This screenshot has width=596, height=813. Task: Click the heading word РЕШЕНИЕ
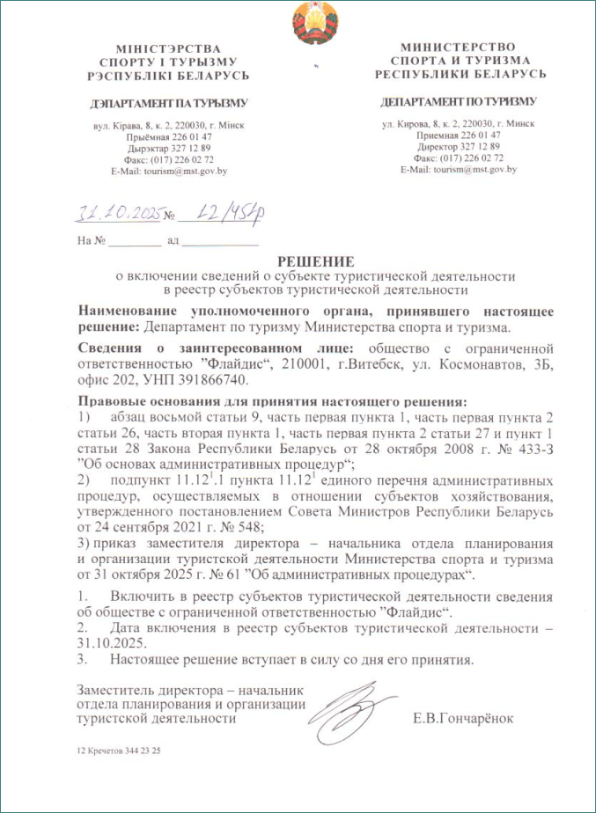315,261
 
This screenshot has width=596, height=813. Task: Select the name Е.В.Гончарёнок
462,718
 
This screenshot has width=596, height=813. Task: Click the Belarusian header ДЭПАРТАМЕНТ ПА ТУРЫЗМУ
169,103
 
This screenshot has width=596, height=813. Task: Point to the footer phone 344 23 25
144,752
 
